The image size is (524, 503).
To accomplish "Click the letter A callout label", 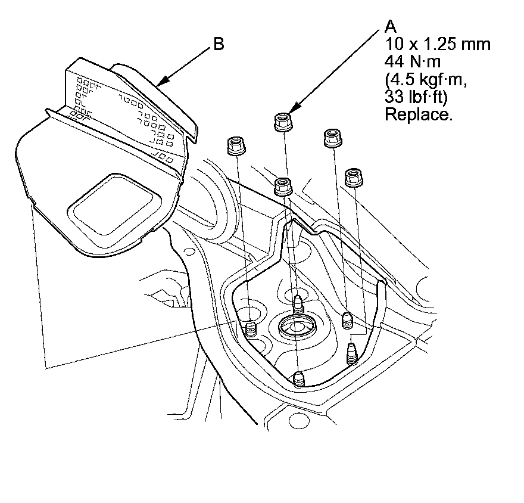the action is click(x=391, y=26).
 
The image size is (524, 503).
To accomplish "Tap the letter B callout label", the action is click(x=218, y=44).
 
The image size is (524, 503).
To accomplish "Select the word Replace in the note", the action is click(x=419, y=114).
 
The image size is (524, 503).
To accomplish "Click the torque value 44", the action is click(x=393, y=61).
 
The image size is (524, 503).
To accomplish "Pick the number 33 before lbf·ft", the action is click(x=393, y=97).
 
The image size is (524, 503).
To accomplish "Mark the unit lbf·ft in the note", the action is click(x=425, y=97).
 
